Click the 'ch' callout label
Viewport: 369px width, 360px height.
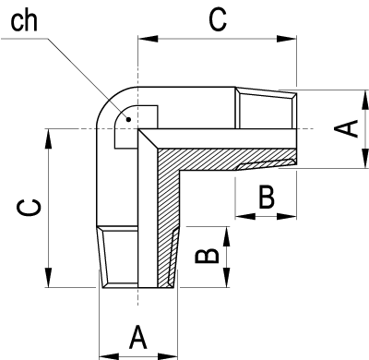[x=24, y=21]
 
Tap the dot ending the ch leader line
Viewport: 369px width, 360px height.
[x=129, y=119]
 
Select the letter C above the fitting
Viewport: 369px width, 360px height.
[x=218, y=19]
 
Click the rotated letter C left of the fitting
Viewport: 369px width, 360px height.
[x=29, y=208]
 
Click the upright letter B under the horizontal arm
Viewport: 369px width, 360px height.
[x=267, y=197]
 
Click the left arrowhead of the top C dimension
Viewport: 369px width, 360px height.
[x=148, y=39]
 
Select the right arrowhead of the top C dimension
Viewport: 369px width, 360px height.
[x=287, y=39]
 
